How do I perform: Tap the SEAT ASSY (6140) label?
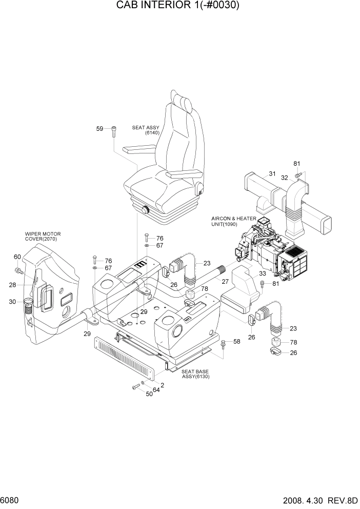pos(146,130)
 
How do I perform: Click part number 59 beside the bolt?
pos(100,128)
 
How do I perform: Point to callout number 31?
pos(272,173)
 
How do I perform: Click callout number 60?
pos(17,257)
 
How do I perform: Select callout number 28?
pos(12,285)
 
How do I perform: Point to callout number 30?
pos(12,302)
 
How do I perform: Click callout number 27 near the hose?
pos(225,281)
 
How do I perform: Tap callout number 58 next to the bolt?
pos(236,341)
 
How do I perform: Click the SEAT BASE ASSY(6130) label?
pos(195,374)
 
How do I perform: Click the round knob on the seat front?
pos(145,209)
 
